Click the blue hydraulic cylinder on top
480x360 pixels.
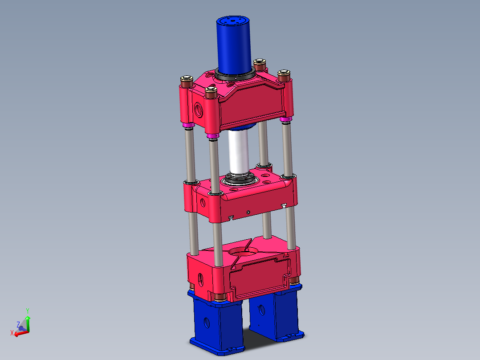[x=234, y=45]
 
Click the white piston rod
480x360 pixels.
[x=238, y=151]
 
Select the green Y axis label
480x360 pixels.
[x=28, y=310]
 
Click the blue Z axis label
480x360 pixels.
[x=18, y=324]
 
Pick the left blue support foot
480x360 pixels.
[x=214, y=323]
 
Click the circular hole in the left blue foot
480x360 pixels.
[x=206, y=322]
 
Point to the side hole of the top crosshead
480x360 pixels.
[x=198, y=108]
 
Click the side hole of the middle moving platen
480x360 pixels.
[x=203, y=203]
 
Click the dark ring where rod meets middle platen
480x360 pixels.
[x=240, y=180]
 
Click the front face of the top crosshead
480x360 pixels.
[x=252, y=105]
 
